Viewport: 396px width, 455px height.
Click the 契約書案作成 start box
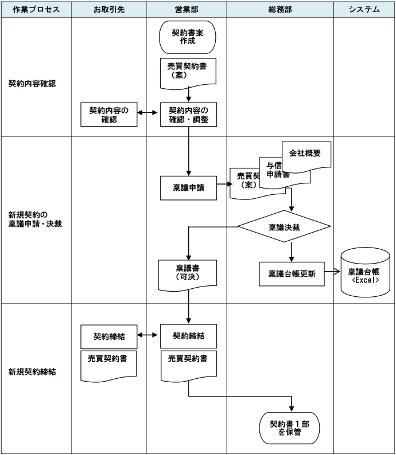click(188, 36)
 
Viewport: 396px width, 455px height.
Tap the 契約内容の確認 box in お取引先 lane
click(109, 115)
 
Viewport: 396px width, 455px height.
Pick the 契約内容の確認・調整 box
click(188, 115)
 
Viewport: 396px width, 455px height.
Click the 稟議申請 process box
click(188, 187)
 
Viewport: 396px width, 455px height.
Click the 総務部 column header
click(279, 10)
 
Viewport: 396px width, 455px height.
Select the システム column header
click(364, 10)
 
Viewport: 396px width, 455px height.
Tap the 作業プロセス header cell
click(36, 10)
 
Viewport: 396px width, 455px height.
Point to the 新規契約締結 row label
click(32, 371)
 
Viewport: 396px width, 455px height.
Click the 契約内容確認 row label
click(32, 83)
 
